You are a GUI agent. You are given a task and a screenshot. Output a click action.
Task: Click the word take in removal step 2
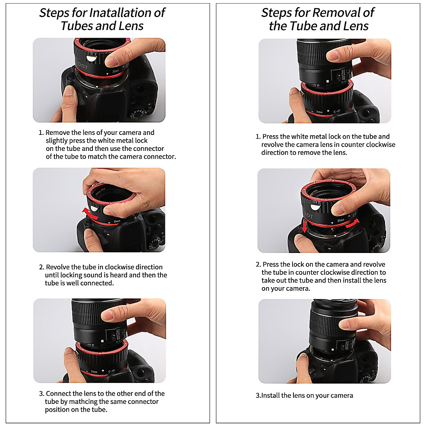[269, 280]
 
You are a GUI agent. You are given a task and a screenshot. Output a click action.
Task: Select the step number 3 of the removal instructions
[258, 396]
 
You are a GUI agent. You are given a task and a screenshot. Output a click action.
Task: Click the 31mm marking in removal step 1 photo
[320, 112]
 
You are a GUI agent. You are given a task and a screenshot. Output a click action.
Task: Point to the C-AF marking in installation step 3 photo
[112, 371]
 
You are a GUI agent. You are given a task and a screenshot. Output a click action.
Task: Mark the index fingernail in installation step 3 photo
[107, 314]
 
